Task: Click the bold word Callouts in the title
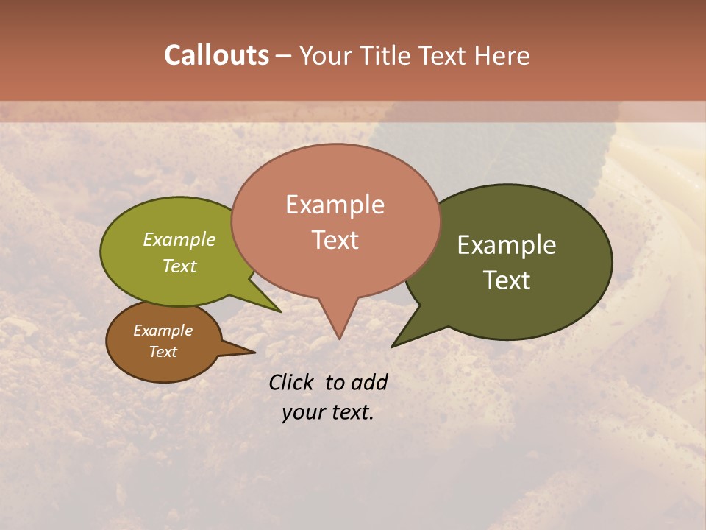pos(216,56)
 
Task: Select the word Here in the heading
pos(502,56)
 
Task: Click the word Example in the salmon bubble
pos(335,205)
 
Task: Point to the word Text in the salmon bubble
pos(335,240)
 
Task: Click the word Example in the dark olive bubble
pos(507,245)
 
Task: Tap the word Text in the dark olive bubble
pos(507,280)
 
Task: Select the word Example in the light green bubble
pos(179,240)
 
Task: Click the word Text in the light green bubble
pos(179,266)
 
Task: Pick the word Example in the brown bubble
pos(163,331)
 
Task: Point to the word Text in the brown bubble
pos(163,352)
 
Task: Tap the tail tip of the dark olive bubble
pos(393,346)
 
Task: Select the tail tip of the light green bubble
pos(280,311)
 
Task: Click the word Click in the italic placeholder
pos(292,382)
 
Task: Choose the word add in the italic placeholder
pos(369,382)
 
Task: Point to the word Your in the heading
pos(327,56)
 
